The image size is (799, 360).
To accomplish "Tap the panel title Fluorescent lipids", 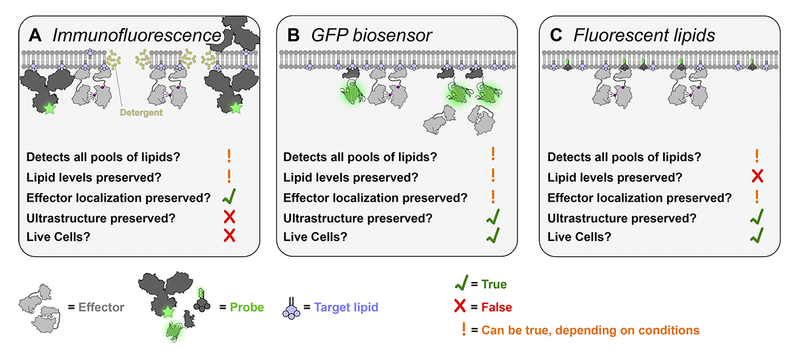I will pyautogui.click(x=645, y=35).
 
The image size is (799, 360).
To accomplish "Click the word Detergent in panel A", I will pyautogui.click(x=142, y=113).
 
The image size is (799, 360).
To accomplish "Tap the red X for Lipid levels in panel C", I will pyautogui.click(x=758, y=178).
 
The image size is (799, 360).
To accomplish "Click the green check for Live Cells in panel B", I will pyautogui.click(x=493, y=236).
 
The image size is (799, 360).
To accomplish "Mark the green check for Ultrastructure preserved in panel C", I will pyautogui.click(x=758, y=216).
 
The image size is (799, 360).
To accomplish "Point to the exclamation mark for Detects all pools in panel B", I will pyautogui.click(x=493, y=156).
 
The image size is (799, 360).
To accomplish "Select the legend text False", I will pyautogui.click(x=496, y=307).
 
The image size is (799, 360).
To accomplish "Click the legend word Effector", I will pyautogui.click(x=102, y=308).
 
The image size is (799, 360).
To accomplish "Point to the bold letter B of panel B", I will pyautogui.click(x=293, y=35).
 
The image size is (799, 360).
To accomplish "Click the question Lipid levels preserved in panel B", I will pyautogui.click(x=351, y=178).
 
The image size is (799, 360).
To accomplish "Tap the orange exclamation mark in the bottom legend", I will pyautogui.click(x=463, y=329).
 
